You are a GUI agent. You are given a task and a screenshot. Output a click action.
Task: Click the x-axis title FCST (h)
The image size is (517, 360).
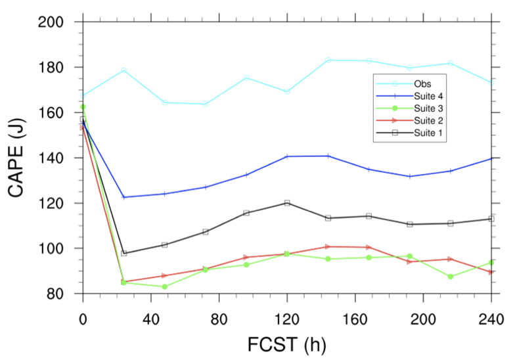(286, 344)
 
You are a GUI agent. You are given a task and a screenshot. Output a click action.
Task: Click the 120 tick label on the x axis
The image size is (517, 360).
(286, 319)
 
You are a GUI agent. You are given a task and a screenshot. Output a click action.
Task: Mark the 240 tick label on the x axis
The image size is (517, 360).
(491, 319)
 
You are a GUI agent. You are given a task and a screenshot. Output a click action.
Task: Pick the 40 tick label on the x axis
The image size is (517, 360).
(151, 319)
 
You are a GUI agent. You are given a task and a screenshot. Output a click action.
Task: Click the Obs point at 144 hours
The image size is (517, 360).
(328, 60)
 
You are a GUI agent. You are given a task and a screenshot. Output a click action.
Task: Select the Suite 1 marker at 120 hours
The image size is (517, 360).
(287, 203)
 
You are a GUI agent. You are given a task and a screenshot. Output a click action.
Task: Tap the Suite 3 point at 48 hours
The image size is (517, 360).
(164, 286)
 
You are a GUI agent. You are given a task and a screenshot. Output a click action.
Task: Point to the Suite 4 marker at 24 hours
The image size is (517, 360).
(124, 197)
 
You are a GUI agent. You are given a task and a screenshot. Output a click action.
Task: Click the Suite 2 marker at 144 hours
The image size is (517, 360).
(328, 246)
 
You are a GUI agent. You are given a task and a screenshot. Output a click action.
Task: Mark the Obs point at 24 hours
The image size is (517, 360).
(124, 70)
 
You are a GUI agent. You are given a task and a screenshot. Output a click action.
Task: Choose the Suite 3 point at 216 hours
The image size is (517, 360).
(450, 277)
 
